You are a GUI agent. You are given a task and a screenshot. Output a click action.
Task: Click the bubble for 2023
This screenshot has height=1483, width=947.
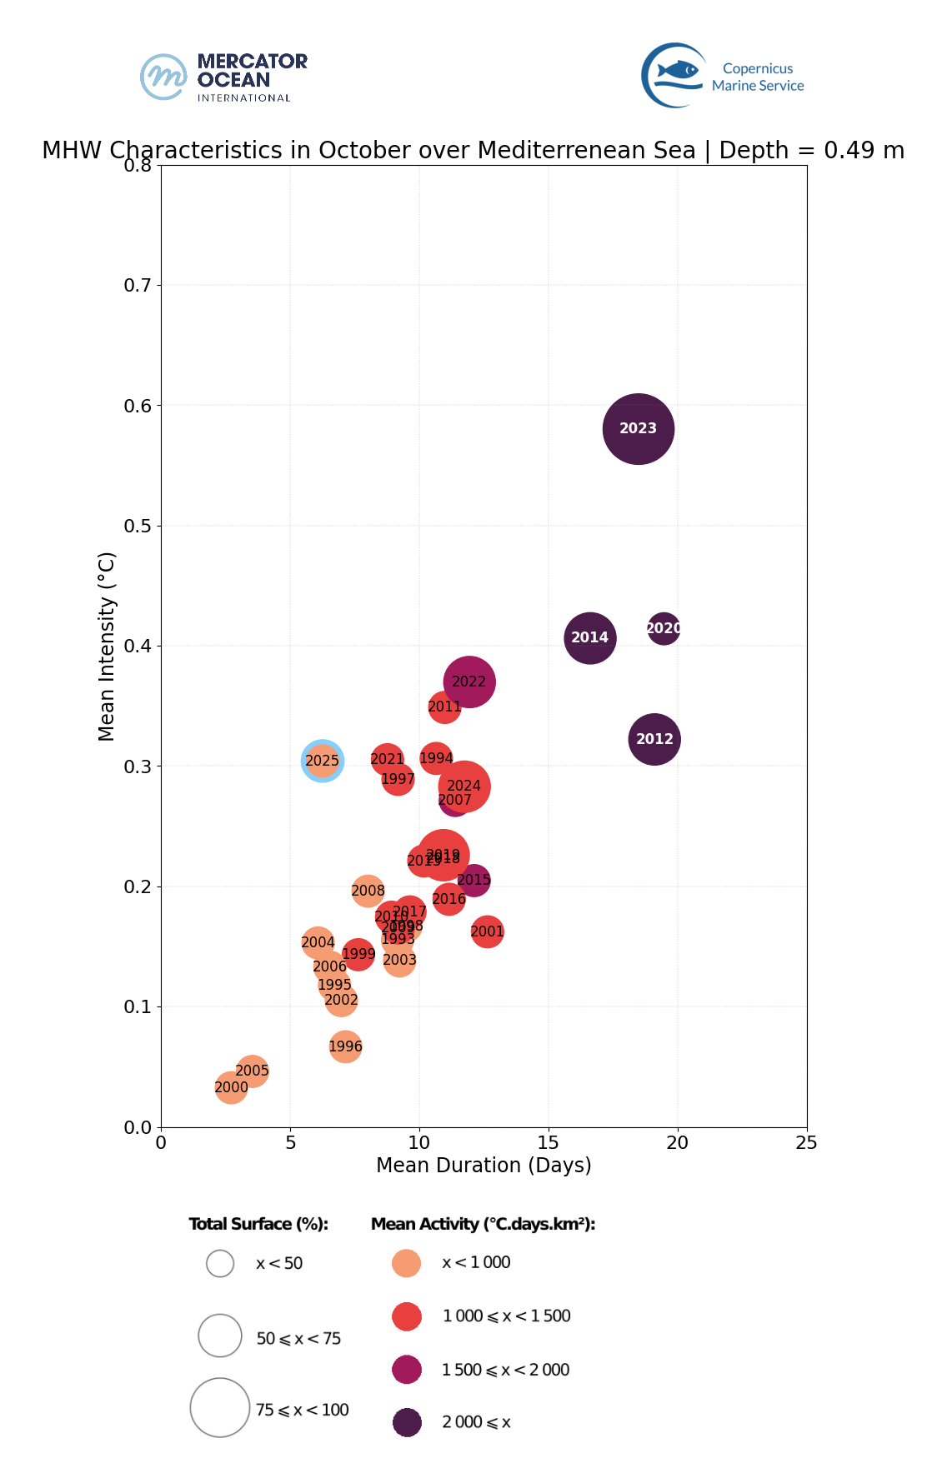click(x=638, y=429)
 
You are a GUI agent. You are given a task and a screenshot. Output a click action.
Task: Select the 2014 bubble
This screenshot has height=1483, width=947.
click(x=589, y=638)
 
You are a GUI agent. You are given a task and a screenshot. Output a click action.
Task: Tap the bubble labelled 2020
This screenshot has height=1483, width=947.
click(x=664, y=628)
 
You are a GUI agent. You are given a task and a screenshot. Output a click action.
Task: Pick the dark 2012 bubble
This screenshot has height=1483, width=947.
click(x=654, y=739)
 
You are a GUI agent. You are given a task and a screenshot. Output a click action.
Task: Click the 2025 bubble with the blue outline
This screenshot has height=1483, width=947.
click(x=322, y=761)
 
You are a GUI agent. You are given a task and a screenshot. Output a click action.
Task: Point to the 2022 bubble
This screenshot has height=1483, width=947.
click(x=469, y=682)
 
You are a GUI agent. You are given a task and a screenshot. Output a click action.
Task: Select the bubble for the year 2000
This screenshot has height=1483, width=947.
click(x=231, y=1087)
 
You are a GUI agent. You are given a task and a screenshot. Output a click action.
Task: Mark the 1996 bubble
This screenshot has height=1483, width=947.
click(x=345, y=1046)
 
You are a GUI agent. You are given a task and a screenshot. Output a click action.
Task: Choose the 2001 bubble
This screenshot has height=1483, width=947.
click(x=488, y=931)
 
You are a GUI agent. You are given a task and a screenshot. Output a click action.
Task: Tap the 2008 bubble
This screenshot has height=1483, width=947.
click(x=368, y=891)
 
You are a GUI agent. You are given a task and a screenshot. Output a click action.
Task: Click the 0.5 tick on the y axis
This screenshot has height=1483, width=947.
click(x=138, y=526)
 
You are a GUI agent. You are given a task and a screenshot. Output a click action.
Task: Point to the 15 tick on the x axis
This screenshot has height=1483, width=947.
click(x=549, y=1142)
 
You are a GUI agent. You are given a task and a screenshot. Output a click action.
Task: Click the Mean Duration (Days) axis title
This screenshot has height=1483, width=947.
click(x=484, y=1165)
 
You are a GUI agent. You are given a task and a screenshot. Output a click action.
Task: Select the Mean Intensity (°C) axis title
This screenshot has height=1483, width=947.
click(x=107, y=646)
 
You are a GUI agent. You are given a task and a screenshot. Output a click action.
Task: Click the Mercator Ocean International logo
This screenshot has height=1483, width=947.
click(x=223, y=77)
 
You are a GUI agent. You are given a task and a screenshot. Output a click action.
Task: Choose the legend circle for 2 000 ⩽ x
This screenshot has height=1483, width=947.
click(x=407, y=1422)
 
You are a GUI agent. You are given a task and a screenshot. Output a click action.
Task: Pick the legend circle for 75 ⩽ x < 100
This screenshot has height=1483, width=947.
click(x=220, y=1408)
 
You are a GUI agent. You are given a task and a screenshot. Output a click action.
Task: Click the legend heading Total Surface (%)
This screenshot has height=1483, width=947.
click(x=258, y=1224)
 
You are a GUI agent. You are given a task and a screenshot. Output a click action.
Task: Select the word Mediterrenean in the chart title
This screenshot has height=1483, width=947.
click(x=587, y=151)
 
